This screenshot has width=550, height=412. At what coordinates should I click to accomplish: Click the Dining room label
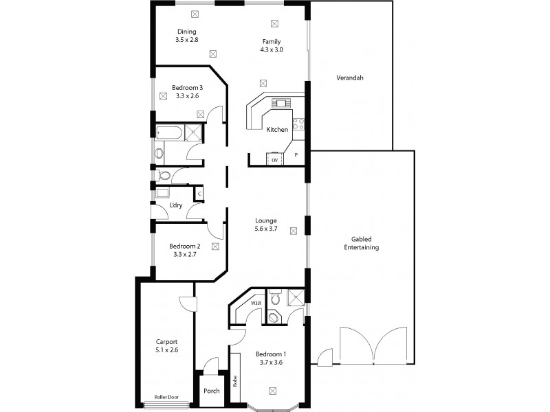(x=186, y=32)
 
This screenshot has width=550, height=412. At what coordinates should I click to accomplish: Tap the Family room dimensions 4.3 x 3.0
(x=271, y=50)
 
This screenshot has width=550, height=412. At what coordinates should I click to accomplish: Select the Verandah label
(x=349, y=78)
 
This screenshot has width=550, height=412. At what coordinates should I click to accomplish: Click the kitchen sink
(x=282, y=104)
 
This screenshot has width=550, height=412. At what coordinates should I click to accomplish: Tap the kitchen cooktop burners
(x=299, y=124)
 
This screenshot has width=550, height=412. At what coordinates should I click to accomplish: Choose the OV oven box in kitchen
(x=275, y=159)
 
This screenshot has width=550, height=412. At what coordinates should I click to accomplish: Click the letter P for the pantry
(x=296, y=155)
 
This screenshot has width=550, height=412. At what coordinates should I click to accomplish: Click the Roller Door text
(x=166, y=397)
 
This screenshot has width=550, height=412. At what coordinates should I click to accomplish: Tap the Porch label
(x=212, y=391)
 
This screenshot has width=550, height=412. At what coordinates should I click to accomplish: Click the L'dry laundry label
(x=175, y=206)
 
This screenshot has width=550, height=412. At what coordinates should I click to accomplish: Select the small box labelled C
(x=199, y=194)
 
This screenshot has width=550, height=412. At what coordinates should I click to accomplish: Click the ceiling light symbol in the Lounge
(x=294, y=231)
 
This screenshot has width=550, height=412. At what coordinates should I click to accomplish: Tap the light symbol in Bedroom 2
(x=215, y=245)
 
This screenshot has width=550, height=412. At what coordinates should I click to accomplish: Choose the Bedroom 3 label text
(x=187, y=88)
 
